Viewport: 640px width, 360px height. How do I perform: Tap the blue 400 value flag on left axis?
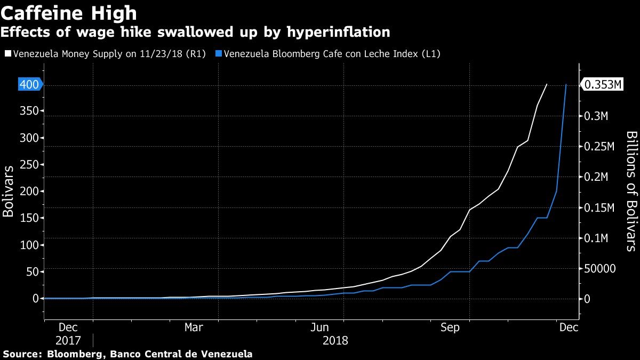[30, 84]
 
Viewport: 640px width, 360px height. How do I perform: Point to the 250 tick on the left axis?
[30, 165]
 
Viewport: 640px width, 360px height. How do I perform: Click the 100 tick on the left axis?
[30, 245]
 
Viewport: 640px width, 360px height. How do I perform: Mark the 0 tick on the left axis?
[35, 299]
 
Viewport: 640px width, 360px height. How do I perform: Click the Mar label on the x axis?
[194, 327]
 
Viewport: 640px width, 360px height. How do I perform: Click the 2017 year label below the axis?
[68, 340]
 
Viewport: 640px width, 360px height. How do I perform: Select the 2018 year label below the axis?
[335, 340]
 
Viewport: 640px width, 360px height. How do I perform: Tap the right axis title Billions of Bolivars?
[630, 191]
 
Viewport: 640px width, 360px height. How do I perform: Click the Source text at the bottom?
[128, 354]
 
